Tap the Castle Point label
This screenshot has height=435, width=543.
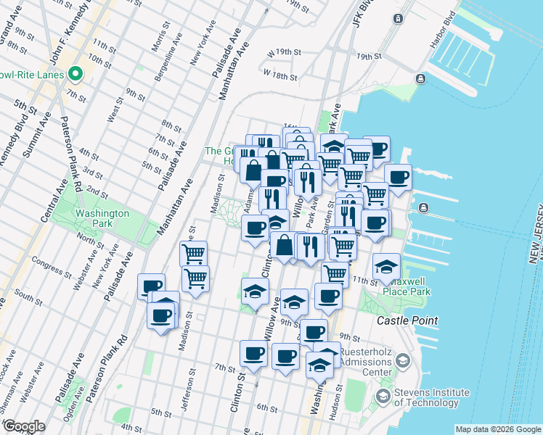click(407, 320)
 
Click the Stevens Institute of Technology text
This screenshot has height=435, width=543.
click(431, 397)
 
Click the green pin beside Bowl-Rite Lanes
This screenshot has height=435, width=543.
click(75, 74)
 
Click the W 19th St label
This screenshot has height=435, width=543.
click(284, 53)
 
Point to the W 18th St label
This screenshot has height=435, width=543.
click(281, 75)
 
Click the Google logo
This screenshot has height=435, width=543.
click(24, 426)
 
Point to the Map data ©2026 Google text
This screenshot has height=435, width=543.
click(497, 429)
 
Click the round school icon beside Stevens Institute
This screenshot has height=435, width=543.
click(382, 397)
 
